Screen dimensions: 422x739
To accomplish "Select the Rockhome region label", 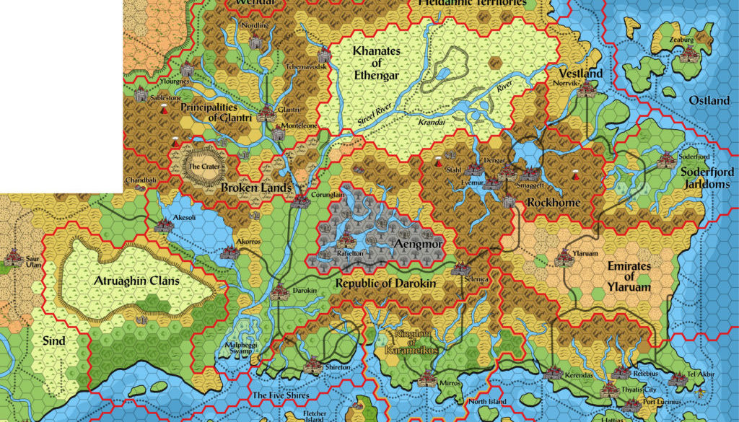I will [554, 203].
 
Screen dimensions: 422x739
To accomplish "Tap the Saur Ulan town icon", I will [12, 256].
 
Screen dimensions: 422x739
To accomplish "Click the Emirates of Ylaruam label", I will [629, 276].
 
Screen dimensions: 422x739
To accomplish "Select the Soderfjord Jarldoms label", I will [707, 177].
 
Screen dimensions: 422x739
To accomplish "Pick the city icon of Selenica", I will [460, 269].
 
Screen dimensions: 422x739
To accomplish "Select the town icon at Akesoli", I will [164, 225].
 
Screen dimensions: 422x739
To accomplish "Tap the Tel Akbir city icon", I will [678, 378].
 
